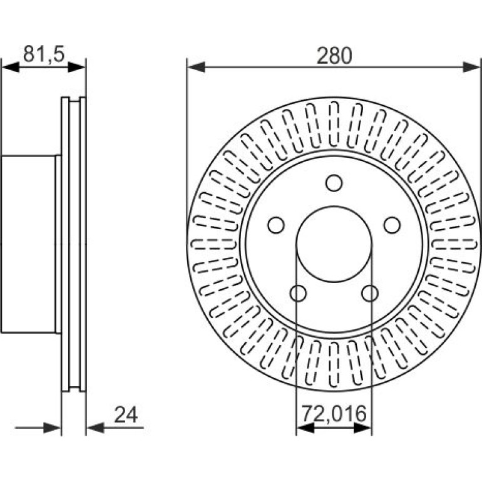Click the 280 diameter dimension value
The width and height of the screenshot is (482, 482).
[x=334, y=56]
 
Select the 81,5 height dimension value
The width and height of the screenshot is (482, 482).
[x=44, y=54]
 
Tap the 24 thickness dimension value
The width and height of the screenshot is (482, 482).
[x=126, y=414]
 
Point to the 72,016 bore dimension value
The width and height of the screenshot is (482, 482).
[x=334, y=413]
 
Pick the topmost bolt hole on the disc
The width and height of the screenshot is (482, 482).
[x=334, y=183]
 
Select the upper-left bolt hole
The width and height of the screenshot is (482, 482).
[x=275, y=225]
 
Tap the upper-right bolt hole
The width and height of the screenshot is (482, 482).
[x=392, y=225]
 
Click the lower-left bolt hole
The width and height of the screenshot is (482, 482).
[x=298, y=293]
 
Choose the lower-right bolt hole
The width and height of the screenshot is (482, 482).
[x=370, y=293]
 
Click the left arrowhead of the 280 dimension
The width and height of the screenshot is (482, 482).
[x=196, y=67]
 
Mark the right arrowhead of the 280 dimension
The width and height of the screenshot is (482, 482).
[x=471, y=67]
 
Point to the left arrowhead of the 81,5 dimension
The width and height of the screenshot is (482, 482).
[x=10, y=67]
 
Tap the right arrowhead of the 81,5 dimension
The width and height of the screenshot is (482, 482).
[x=77, y=67]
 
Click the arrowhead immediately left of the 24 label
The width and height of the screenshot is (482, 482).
[x=95, y=428]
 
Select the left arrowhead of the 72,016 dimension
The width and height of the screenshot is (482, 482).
[x=305, y=428]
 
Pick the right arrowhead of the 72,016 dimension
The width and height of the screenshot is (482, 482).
[x=362, y=428]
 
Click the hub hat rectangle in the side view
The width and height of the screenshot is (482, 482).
[x=28, y=244]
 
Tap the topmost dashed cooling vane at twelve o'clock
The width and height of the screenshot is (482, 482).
[x=334, y=124]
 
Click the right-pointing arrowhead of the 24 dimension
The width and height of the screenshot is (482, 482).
[x=52, y=428]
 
